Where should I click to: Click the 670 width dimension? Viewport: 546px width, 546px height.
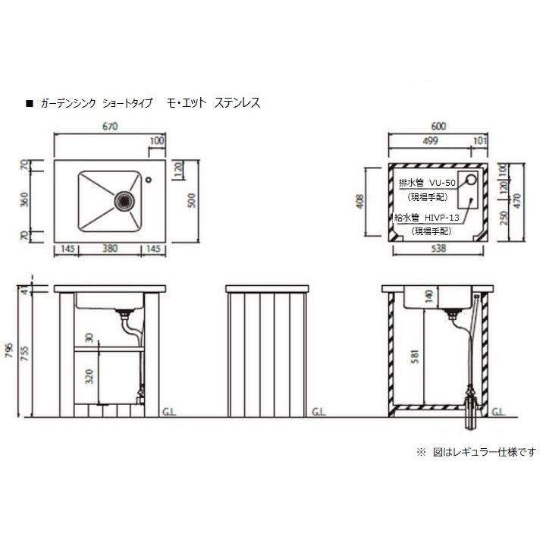tap(110, 126)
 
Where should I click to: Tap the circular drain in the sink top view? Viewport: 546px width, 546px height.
tap(124, 200)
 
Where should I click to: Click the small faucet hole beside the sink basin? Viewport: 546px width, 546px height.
tap(149, 180)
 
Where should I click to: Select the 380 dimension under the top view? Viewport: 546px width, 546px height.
tap(110, 248)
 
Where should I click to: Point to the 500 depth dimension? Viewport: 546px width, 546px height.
tap(192, 200)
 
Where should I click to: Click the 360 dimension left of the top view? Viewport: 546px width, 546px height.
tap(25, 199)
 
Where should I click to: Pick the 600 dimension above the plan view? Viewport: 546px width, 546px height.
tap(438, 126)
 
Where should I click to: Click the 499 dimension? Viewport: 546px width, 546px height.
tap(431, 141)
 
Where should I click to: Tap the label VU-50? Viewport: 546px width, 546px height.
tap(442, 183)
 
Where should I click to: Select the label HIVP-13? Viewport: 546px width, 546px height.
tap(442, 218)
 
